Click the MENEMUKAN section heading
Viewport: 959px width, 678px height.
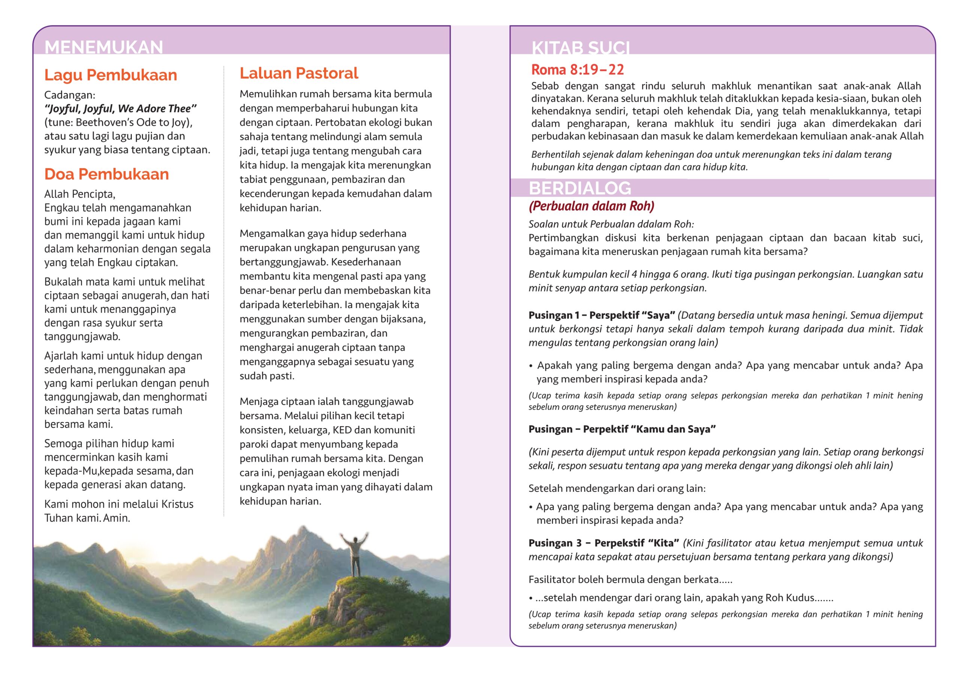coord(104,47)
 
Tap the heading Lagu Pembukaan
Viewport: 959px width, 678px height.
coord(111,75)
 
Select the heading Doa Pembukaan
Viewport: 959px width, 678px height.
coord(106,174)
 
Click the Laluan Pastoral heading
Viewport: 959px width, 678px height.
coord(299,73)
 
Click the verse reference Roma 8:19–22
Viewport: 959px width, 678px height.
coord(577,70)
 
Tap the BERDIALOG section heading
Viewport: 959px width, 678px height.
coord(580,188)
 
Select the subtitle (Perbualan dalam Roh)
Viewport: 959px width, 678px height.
coord(591,206)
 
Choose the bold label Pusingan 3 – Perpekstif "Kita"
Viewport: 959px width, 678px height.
coord(603,543)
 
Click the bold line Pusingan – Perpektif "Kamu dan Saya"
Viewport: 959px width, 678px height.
coord(622,429)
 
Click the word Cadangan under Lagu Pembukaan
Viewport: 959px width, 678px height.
coord(69,95)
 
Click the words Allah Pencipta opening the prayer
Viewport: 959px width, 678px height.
coord(79,194)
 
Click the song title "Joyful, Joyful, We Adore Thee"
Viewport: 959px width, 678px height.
coord(120,109)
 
